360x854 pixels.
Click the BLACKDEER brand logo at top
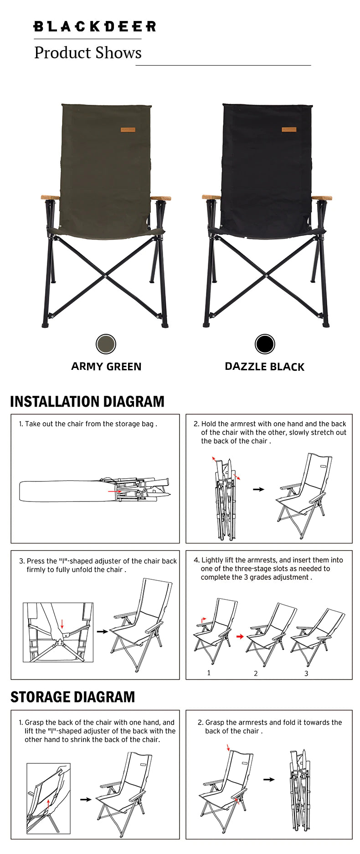tap(95, 26)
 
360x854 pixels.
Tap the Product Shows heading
tap(88, 53)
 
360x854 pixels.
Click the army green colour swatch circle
tap(106, 344)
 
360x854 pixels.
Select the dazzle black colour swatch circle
tap(265, 344)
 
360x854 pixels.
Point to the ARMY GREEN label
tap(106, 367)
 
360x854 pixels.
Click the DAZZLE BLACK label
tap(265, 367)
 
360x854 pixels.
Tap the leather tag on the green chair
tap(128, 130)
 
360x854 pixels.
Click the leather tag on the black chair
tap(289, 130)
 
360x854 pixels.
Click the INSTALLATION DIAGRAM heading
tap(87, 401)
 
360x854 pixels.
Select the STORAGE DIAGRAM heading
tap(72, 697)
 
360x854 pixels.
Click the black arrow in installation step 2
tap(258, 489)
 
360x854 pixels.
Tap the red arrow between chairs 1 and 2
tap(240, 636)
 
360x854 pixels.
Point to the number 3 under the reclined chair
tap(306, 673)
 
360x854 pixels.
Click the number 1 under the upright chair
tap(209, 673)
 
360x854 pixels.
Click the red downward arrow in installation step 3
tap(62, 624)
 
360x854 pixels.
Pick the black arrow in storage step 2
tap(269, 779)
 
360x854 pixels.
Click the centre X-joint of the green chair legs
tap(105, 276)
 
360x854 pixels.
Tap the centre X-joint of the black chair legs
tap(266, 274)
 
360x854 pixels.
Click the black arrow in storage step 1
tap(86, 799)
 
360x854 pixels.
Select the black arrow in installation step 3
tap(103, 631)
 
